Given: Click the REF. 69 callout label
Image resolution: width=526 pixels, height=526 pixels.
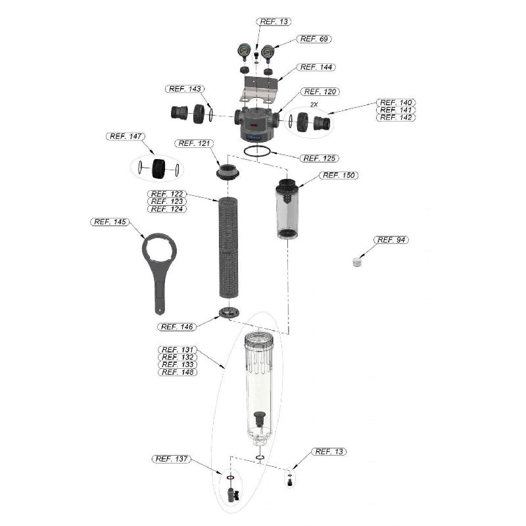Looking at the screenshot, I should [x=315, y=39].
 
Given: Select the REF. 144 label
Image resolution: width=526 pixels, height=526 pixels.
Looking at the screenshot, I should [x=317, y=68].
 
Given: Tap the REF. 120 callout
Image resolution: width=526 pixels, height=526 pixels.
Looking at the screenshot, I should [x=321, y=92].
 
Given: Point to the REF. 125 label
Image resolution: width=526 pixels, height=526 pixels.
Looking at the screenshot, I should [x=320, y=158].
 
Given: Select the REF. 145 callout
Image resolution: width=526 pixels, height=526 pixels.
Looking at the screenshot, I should [x=110, y=222].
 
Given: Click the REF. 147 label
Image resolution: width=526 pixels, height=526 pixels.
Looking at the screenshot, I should [x=126, y=136].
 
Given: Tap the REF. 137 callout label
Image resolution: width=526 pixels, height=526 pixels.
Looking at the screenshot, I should [x=171, y=459].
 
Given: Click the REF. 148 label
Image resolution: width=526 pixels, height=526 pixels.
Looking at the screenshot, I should [x=178, y=372].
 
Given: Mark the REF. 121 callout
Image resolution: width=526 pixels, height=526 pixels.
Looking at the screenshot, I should [x=195, y=143].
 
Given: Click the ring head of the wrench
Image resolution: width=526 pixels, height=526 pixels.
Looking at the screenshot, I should [x=160, y=250].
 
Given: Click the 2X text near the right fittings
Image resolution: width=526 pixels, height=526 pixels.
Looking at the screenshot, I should [x=314, y=105].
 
